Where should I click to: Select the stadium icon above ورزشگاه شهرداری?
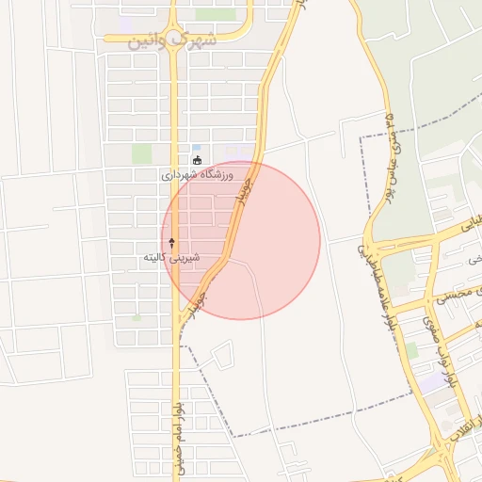pos(196,160)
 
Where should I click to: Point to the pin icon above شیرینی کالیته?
pos(171,243)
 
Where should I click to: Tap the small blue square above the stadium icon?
pos(196,148)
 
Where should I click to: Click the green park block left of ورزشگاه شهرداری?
pos(141,153)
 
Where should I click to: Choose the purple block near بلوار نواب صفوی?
pos(431,383)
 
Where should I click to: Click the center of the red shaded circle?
pos(241,240)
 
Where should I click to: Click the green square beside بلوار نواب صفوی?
pos(411,350)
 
